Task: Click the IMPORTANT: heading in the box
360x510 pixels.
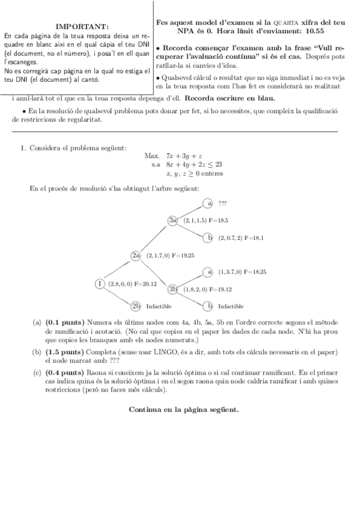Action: pyautogui.click(x=82, y=27)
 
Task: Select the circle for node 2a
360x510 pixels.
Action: pyautogui.click(x=135, y=255)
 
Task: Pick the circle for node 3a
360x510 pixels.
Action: pyautogui.click(x=173, y=221)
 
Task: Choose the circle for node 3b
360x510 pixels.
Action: pyautogui.click(x=173, y=289)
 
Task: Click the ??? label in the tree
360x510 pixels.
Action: pyautogui.click(x=223, y=203)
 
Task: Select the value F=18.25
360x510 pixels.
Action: pyautogui.click(x=255, y=272)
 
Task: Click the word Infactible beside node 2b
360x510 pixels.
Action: pyautogui.click(x=159, y=306)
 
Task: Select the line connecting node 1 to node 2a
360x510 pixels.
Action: pyautogui.click(x=118, y=269)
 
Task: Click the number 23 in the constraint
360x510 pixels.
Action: pyautogui.click(x=219, y=164)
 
